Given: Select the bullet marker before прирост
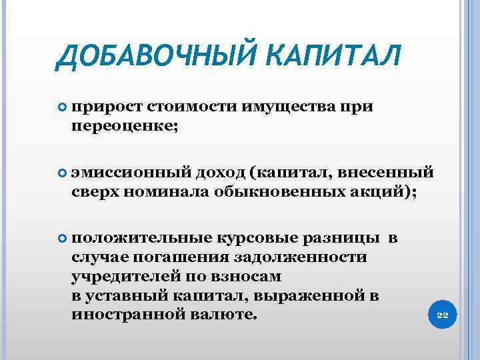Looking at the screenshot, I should [x=62, y=107].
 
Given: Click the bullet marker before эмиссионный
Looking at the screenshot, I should [x=62, y=173].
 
